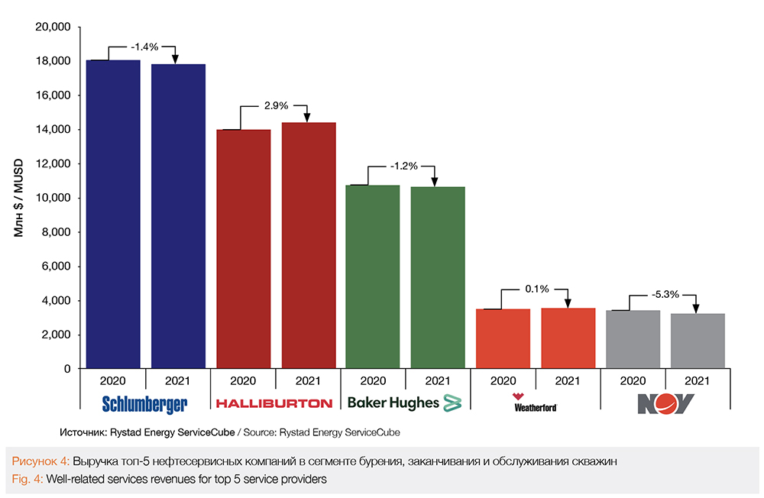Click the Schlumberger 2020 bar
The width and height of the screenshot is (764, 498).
click(x=113, y=214)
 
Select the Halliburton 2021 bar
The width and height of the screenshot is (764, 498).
click(x=309, y=245)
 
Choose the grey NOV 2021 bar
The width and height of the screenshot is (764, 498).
click(x=698, y=341)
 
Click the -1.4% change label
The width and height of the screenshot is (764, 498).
click(x=144, y=47)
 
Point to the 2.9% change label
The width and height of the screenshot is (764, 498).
click(x=274, y=105)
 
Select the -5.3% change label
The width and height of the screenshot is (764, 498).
click(x=662, y=293)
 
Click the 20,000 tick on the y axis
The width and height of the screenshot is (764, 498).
click(x=53, y=27)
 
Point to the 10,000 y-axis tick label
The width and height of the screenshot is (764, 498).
click(x=53, y=198)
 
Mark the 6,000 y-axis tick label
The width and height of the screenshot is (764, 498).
click(x=57, y=267)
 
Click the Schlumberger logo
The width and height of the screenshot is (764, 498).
click(x=144, y=403)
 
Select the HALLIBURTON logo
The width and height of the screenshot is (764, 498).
click(x=274, y=403)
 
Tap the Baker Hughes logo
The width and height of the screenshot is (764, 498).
click(x=405, y=403)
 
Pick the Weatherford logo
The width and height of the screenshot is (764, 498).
click(x=535, y=403)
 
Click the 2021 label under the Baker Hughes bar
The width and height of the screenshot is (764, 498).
click(x=437, y=380)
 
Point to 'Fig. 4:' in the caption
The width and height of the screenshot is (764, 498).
click(x=27, y=480)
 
